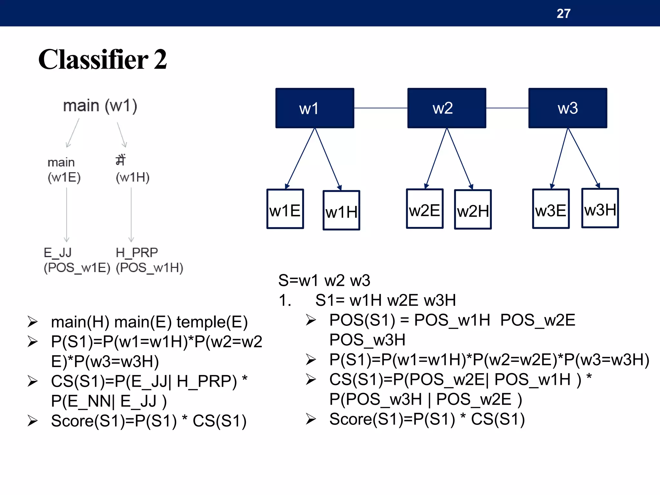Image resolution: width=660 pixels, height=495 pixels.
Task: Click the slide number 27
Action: [563, 14]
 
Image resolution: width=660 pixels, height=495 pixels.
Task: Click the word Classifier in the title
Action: [93, 60]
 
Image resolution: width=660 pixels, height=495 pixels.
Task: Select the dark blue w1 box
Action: [315, 108]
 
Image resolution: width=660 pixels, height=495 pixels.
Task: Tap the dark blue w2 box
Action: [446, 108]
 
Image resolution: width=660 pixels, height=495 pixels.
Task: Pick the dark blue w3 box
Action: [568, 108]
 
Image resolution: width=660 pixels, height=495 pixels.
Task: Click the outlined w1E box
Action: [285, 209]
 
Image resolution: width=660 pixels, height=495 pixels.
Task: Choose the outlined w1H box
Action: [341, 210]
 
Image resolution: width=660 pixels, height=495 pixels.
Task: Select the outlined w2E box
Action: [425, 209]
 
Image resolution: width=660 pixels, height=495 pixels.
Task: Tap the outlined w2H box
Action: [473, 209]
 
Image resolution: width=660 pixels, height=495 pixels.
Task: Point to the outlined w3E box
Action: [551, 209]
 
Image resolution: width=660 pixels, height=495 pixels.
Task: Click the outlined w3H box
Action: [600, 208]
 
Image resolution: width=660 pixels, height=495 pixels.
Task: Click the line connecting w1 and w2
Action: [381, 108]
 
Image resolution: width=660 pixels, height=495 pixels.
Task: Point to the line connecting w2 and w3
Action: [507, 108]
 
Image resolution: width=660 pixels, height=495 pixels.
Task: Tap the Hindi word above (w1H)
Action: [121, 160]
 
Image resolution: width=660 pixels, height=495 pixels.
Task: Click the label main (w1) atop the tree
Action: [100, 106]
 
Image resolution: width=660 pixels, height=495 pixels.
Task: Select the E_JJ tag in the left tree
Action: [58, 252]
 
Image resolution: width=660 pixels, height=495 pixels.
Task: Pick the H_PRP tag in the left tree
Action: [137, 252]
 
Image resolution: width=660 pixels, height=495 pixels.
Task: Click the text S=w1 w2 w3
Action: [324, 280]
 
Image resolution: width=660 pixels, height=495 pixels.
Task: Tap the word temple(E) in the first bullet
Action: [212, 322]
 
